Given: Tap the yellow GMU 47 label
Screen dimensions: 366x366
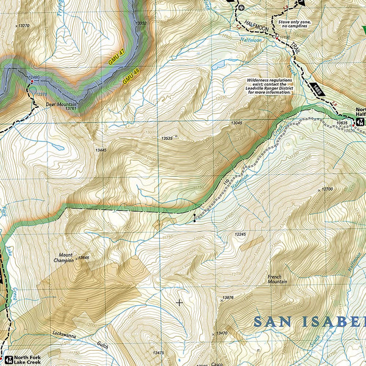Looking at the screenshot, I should pos(112,59).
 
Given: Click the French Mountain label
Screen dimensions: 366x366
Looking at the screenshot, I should pos(278,279).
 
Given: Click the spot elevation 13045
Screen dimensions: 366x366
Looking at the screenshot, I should pos(237,124).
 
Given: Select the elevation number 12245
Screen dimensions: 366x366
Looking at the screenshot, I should pos(240,234).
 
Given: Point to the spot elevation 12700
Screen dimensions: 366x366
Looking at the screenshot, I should pos(327,190).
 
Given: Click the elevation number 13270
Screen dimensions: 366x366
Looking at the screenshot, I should pos(23,26).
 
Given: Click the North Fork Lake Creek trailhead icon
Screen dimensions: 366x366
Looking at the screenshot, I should pos(8,358).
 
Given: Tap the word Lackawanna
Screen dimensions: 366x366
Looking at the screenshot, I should pos(67,335).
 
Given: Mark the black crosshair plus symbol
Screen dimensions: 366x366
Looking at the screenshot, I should pos(179,301).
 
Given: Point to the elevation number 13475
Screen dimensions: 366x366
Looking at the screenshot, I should pos(159,353).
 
